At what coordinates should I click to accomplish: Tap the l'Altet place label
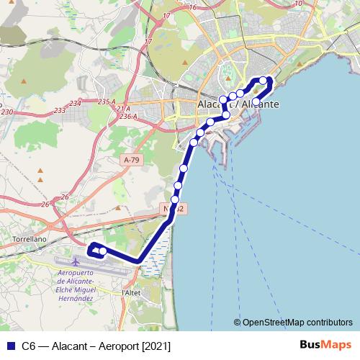[x=131, y=293]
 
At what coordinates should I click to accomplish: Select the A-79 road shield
[x=132, y=160]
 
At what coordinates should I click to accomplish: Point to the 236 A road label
[x=128, y=116]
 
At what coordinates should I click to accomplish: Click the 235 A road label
[x=107, y=102]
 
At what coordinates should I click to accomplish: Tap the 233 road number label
[x=59, y=110]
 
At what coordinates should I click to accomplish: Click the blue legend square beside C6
[x=9, y=346]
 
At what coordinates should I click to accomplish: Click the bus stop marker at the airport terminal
[x=103, y=251]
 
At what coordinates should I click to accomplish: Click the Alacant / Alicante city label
[x=238, y=104]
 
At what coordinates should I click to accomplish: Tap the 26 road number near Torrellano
[x=64, y=197]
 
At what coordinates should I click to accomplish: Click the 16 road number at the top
[x=192, y=6]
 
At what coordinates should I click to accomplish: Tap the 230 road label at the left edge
[x=6, y=112]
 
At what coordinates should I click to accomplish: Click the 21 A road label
[x=123, y=108]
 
